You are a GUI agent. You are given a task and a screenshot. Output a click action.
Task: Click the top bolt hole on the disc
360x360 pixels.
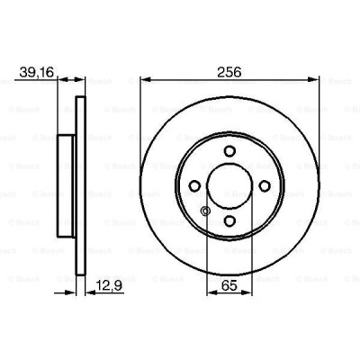click(x=229, y=150)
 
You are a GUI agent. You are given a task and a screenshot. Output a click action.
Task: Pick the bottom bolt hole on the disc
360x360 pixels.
click(x=229, y=220)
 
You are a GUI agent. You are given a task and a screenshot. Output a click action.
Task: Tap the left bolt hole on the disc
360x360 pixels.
click(x=194, y=185)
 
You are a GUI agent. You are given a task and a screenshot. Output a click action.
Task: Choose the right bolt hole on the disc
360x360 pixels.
click(x=264, y=185)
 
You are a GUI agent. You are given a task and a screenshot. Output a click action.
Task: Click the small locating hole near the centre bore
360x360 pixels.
click(x=206, y=212)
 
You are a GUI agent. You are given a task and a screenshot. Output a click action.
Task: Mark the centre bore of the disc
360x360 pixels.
click(x=229, y=185)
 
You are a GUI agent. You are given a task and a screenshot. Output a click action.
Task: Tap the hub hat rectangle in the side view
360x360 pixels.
click(x=67, y=184)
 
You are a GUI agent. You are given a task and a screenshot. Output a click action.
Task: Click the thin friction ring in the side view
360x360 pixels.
click(x=80, y=184)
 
